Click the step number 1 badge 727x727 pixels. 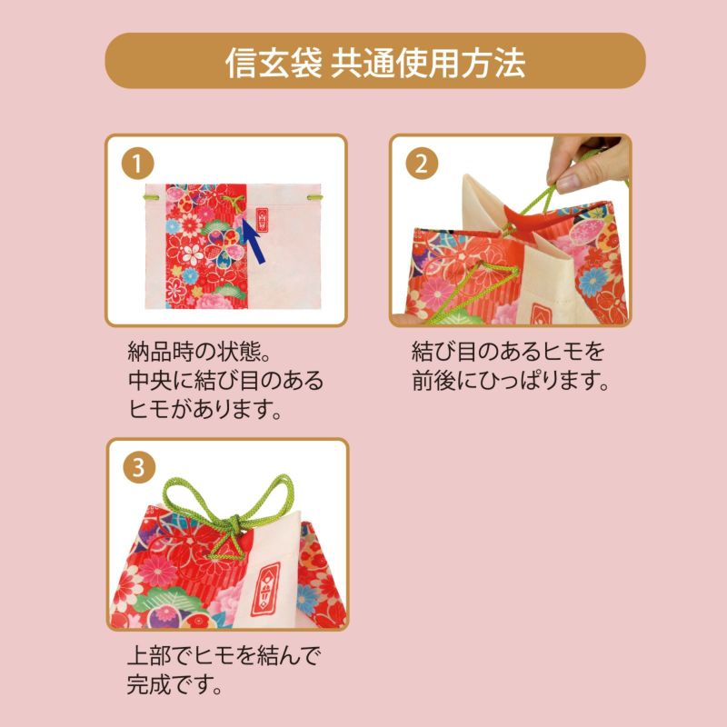pyautogui.click(x=135, y=164)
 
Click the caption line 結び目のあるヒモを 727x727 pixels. pyautogui.click(x=508, y=351)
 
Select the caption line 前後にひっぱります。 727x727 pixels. pyautogui.click(x=510, y=380)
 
